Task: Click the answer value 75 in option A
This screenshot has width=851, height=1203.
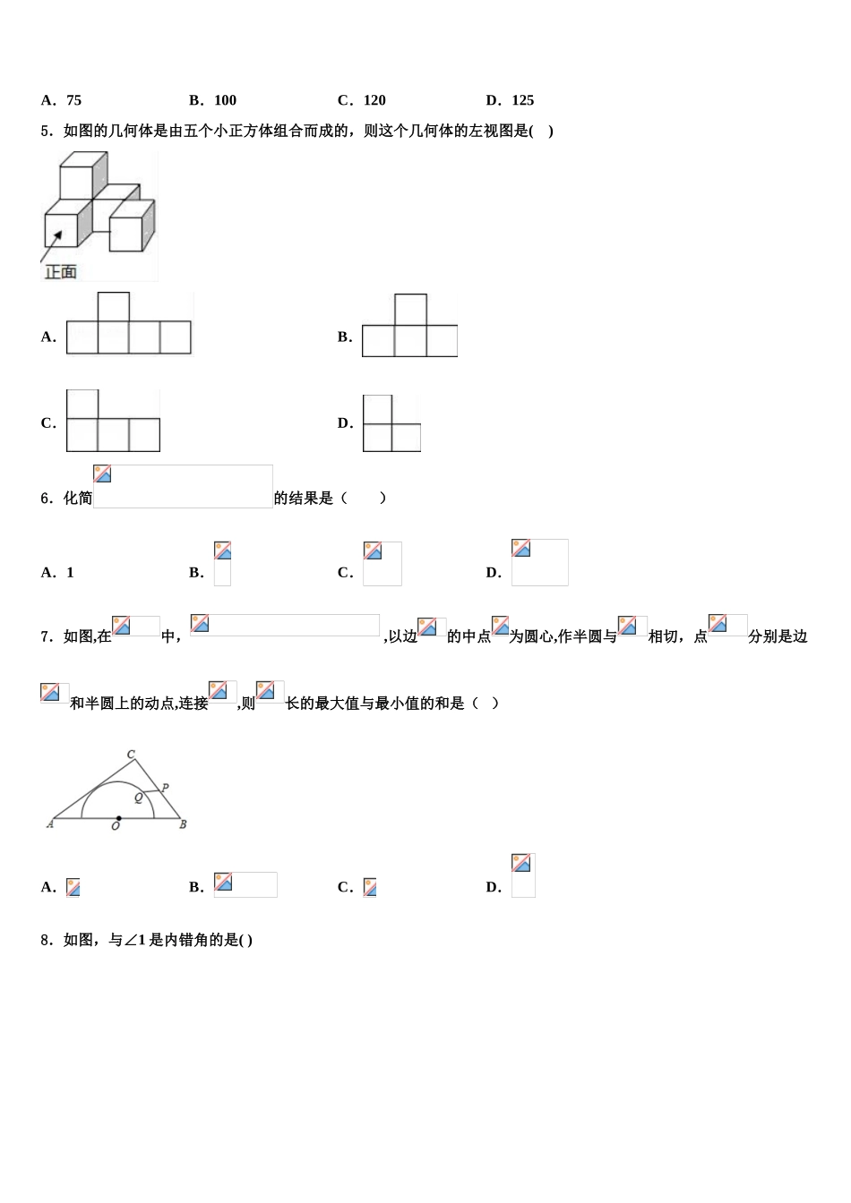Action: point(73,100)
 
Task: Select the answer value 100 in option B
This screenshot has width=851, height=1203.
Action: point(225,100)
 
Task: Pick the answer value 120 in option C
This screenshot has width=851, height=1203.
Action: point(374,100)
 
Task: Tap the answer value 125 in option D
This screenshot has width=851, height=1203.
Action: point(523,100)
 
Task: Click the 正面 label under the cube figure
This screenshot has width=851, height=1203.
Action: point(61,271)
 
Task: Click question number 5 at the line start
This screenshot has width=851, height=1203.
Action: point(45,132)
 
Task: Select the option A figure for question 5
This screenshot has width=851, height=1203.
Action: point(129,324)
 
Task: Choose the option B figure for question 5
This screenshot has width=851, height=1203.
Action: point(409,327)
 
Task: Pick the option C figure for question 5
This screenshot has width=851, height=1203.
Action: point(113,422)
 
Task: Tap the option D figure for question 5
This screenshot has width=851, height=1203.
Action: point(391,423)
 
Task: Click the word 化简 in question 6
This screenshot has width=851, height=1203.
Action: point(78,499)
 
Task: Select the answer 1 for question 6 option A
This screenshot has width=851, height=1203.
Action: point(71,573)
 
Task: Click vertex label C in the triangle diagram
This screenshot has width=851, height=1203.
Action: point(131,755)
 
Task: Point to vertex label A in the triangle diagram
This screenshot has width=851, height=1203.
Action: point(50,823)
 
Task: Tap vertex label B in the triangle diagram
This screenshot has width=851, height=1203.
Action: point(183,824)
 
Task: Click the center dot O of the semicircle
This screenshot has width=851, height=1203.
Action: point(118,818)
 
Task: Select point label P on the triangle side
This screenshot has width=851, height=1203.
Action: point(165,788)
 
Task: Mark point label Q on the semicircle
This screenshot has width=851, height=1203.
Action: point(139,797)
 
